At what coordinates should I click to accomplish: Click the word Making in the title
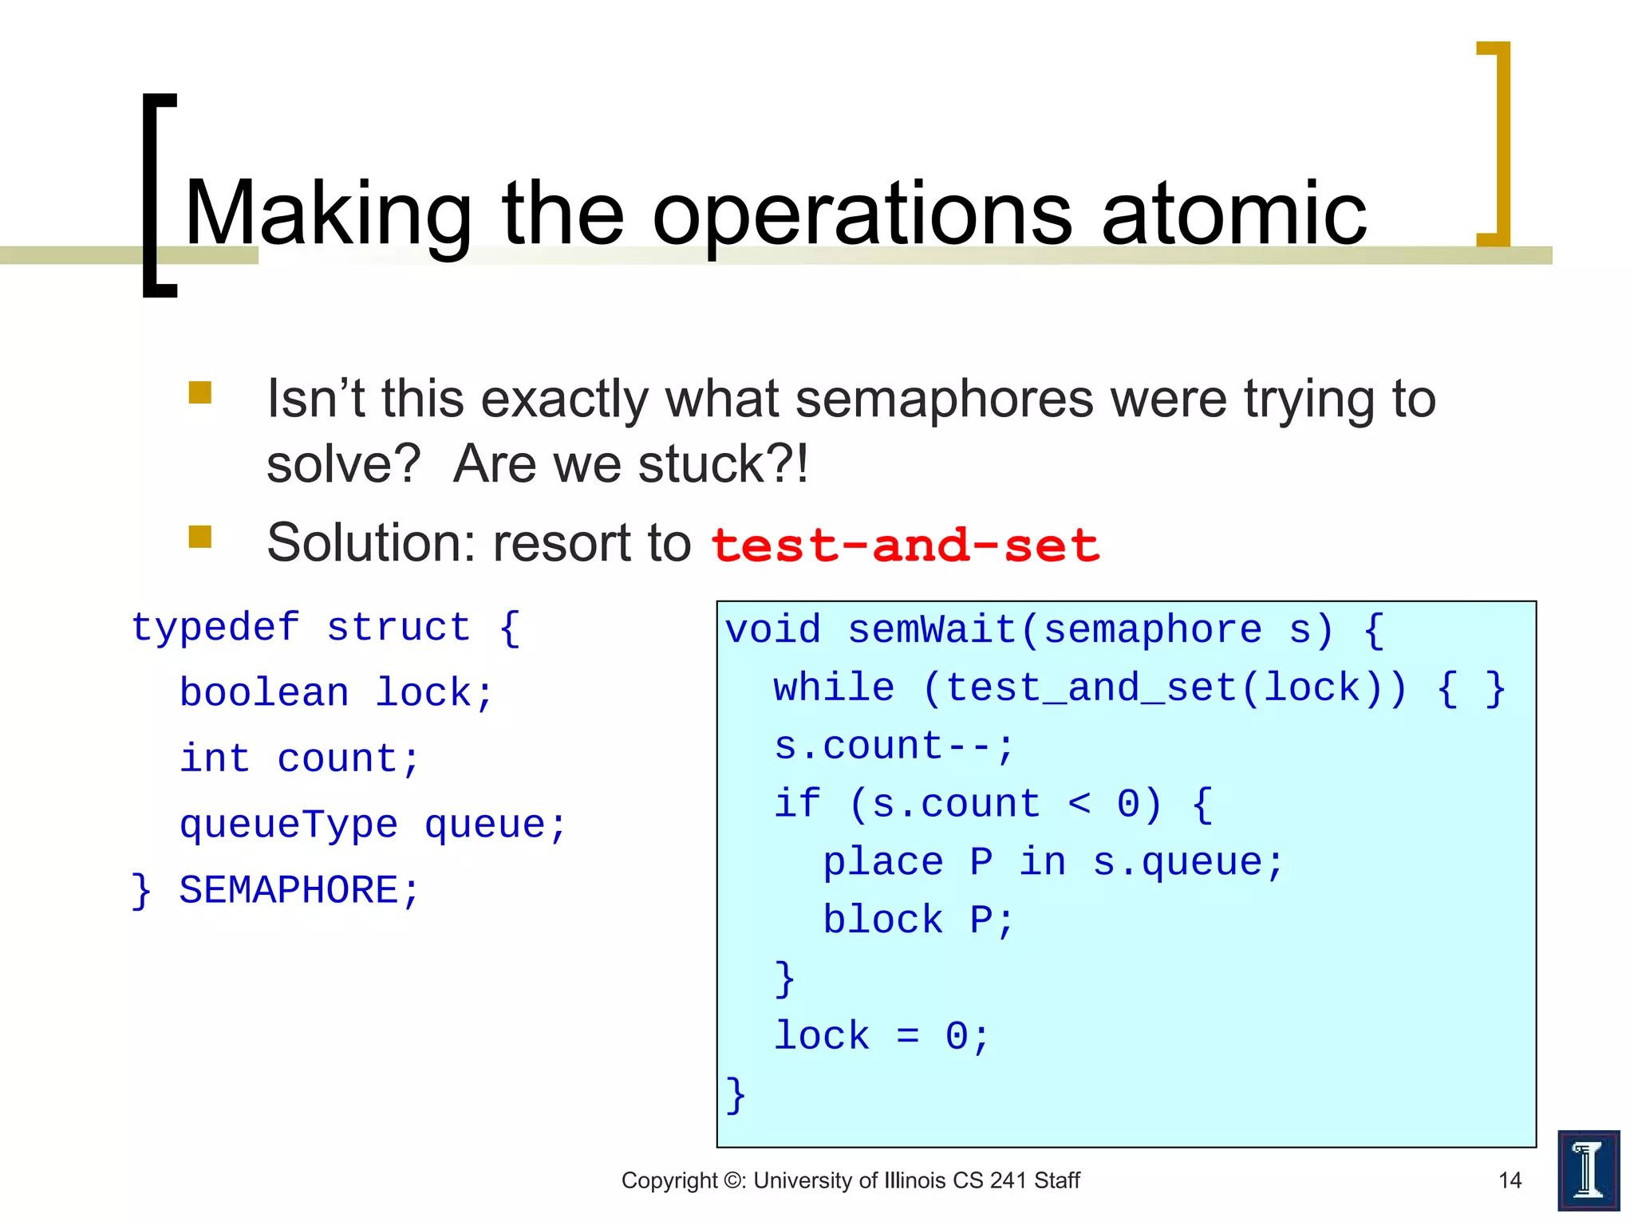(328, 214)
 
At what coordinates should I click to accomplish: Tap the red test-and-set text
(905, 546)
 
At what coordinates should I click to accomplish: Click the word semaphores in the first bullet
(944, 399)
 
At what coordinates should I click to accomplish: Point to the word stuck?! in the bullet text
(723, 464)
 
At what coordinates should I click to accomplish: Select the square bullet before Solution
(199, 537)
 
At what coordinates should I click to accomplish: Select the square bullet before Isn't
(199, 392)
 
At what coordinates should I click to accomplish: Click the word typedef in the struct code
(215, 627)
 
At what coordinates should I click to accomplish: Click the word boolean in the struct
(264, 692)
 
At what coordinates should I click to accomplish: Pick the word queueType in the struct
(288, 825)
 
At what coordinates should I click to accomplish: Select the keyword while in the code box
(834, 687)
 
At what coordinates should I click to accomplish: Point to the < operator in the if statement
(1079, 804)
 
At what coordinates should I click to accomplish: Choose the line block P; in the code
(918, 920)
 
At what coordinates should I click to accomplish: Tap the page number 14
(1510, 1180)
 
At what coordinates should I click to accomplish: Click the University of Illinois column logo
(1588, 1170)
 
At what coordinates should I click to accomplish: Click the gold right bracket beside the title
(1494, 144)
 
